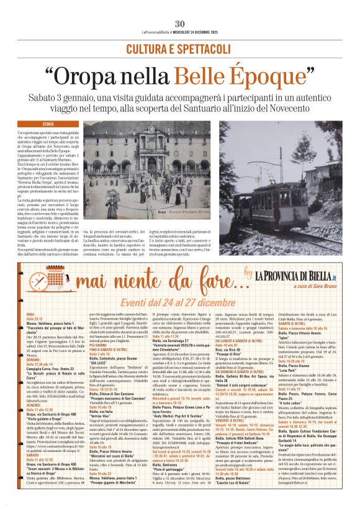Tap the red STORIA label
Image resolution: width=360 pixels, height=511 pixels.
(48, 125)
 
